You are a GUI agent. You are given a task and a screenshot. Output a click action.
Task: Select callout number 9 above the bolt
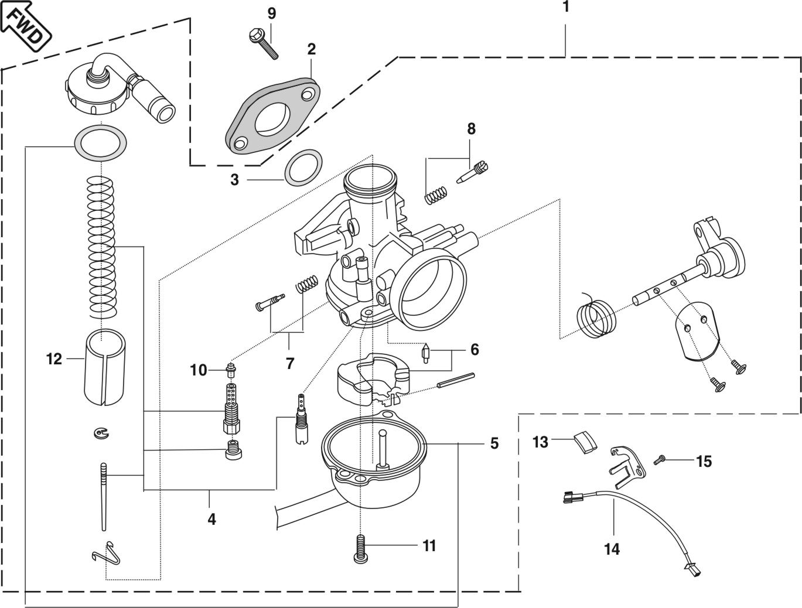[x=271, y=13]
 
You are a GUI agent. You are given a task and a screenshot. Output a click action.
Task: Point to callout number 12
[x=54, y=358]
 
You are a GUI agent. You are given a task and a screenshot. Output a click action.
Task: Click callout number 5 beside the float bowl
[x=494, y=443]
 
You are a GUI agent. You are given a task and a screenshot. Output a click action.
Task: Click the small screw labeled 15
[x=660, y=461]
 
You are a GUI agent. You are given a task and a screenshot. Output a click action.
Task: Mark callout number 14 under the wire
[x=612, y=549]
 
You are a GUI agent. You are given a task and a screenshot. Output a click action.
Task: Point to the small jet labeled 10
[x=231, y=369]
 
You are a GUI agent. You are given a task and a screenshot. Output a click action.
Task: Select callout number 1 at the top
[x=565, y=7]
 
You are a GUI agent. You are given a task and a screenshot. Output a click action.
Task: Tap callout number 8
[x=471, y=129]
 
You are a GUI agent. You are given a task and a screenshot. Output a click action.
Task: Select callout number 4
[x=211, y=518]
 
